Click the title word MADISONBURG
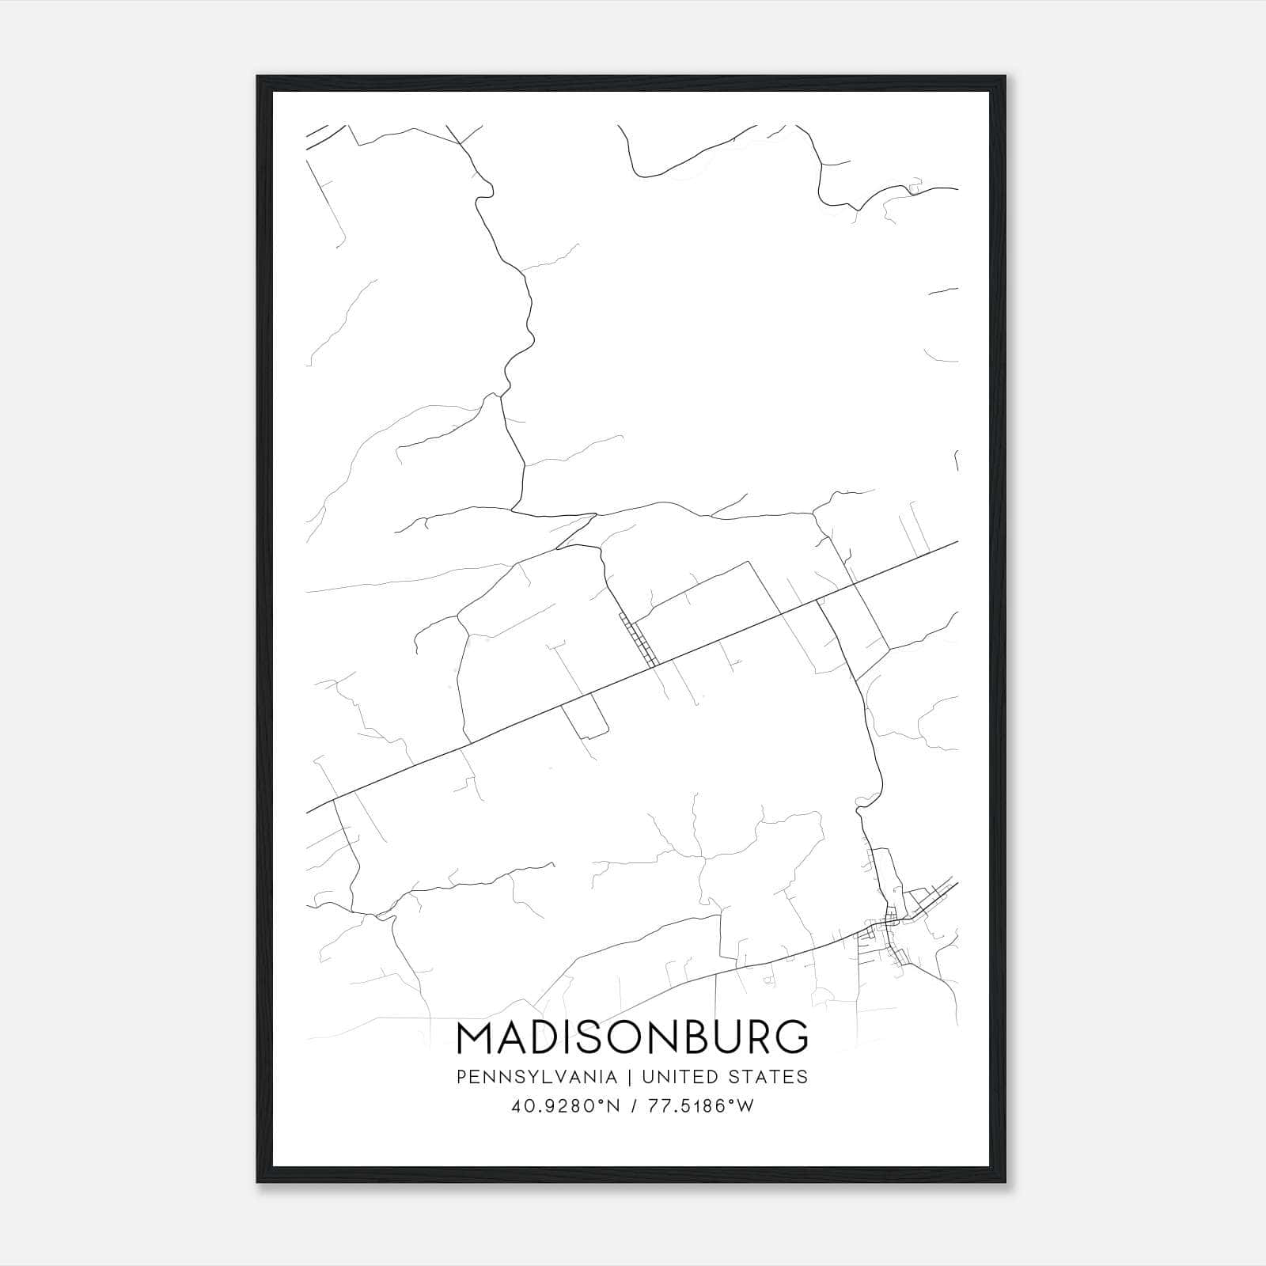coord(633,1037)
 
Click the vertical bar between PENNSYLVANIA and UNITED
coord(630,1077)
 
